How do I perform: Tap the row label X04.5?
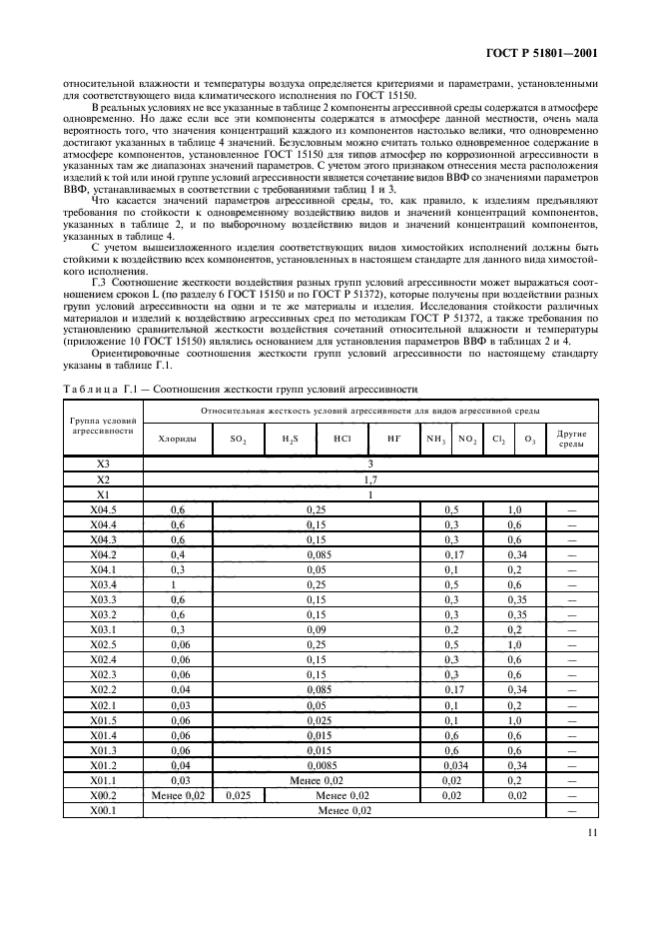[103, 509]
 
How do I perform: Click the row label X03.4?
[103, 584]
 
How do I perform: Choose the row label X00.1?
[103, 810]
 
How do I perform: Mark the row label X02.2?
[103, 690]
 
